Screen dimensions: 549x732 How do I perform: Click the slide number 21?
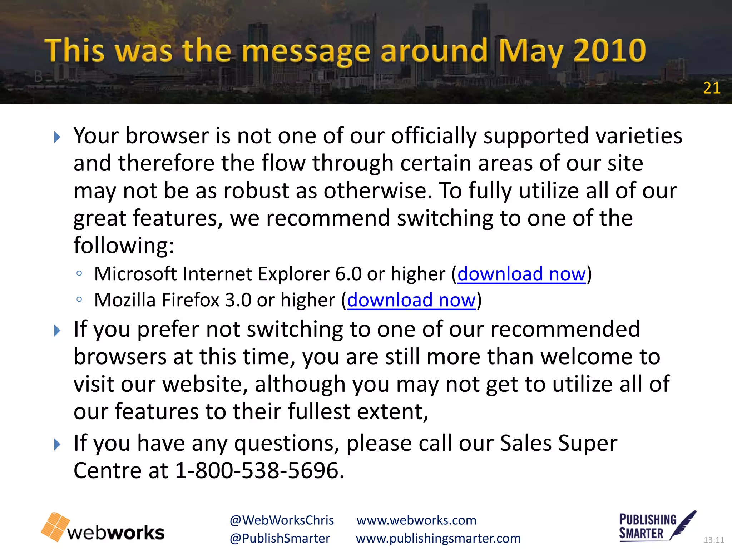point(711,88)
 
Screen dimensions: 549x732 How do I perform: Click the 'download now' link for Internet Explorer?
point(521,274)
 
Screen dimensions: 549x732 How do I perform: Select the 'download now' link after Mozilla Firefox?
point(411,300)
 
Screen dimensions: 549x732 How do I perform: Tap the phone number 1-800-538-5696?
point(259,470)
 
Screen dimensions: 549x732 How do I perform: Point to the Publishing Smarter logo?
point(657,526)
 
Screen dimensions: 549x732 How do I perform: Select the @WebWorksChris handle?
point(282,520)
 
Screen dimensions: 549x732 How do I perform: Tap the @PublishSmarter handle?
point(280,539)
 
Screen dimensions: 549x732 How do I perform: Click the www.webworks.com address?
point(416,520)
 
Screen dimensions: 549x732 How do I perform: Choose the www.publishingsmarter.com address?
point(438,539)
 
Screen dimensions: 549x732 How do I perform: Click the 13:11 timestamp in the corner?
point(713,540)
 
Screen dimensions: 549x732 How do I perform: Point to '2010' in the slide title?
point(610,51)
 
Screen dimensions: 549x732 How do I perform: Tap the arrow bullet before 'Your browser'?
point(57,137)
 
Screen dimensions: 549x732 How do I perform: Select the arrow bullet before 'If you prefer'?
point(57,331)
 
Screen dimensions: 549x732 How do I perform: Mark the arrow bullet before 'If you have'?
point(57,445)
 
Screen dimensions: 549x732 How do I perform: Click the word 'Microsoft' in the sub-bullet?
point(135,274)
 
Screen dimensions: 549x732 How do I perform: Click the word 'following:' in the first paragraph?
point(124,246)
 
